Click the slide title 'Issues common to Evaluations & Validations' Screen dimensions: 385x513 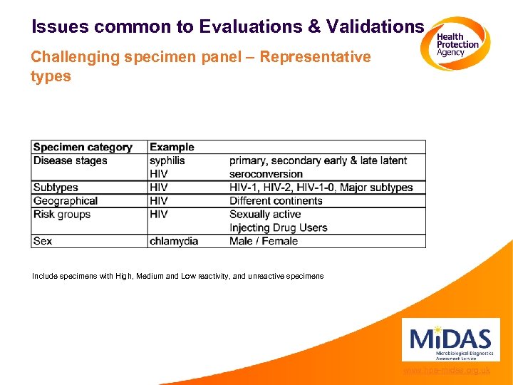click(228, 27)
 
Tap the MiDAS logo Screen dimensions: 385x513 click(450, 340)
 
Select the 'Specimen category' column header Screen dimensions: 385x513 click(83, 147)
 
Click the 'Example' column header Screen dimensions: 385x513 click(172, 147)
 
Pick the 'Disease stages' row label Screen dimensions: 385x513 click(71, 160)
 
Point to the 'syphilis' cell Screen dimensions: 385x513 click(167, 160)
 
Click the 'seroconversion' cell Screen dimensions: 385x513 click(266, 174)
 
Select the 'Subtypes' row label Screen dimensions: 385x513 click(56, 188)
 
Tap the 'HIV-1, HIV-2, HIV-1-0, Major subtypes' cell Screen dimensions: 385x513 click(321, 188)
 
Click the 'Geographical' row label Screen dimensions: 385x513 click(66, 201)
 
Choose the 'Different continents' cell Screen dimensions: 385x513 click(276, 201)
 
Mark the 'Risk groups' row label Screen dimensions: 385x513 click(62, 215)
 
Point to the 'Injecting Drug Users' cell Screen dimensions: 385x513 click(278, 228)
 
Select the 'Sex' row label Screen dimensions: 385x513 click(43, 241)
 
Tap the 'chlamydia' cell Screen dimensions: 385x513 click(174, 241)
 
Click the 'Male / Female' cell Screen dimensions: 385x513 click(264, 241)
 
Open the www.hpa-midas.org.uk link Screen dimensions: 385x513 click(446, 371)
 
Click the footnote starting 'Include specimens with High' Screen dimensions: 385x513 click(177, 276)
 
